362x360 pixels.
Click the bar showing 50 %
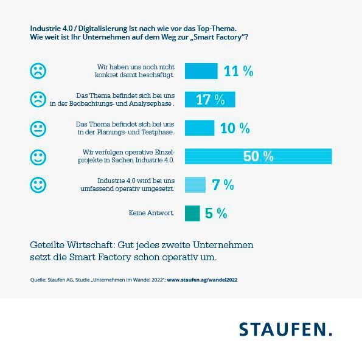[x=258, y=156]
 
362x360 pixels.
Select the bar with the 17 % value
[x=209, y=100]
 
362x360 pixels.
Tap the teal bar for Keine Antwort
[x=192, y=213]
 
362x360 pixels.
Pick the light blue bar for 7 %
[x=195, y=185]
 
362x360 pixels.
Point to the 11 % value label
[x=238, y=71]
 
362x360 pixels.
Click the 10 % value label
[x=235, y=128]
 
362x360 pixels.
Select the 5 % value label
[x=216, y=213]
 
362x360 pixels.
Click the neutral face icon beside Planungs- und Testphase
[x=38, y=128]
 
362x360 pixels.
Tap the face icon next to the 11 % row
[x=38, y=71]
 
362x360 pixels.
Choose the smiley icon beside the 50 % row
[x=38, y=157]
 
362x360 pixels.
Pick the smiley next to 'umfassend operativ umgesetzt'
[x=38, y=185]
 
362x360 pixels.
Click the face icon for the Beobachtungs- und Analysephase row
[x=38, y=99]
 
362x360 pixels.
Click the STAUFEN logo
[x=285, y=330]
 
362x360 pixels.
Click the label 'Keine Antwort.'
[x=151, y=213]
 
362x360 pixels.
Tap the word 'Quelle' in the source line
[x=38, y=280]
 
